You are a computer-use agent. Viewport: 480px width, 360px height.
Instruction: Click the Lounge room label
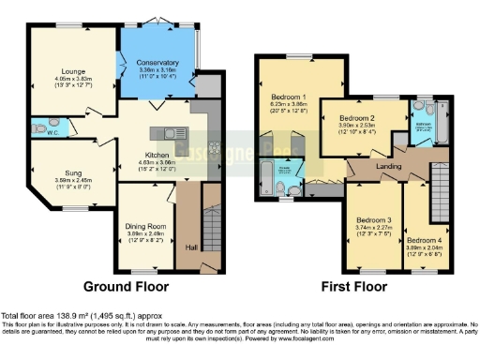pos(69,70)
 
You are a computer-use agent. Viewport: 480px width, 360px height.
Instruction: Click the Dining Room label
pos(145,225)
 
